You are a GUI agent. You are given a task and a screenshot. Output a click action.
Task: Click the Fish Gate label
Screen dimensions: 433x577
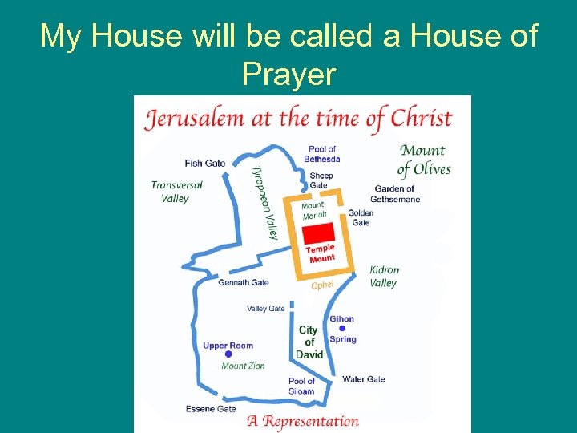click(204, 163)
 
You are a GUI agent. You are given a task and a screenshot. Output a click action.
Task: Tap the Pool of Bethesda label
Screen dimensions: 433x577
click(322, 153)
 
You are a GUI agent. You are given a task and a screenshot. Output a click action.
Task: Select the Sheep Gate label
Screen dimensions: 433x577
click(321, 180)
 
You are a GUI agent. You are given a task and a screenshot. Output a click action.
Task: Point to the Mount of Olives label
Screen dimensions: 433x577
click(424, 159)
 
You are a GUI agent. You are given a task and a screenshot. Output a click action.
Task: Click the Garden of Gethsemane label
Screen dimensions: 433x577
click(396, 194)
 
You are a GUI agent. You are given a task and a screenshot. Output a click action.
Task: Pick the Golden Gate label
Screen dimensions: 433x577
click(361, 217)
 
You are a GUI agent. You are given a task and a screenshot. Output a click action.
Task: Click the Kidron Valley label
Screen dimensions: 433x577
click(384, 277)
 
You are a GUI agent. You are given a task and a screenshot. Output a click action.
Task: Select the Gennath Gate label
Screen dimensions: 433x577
click(244, 282)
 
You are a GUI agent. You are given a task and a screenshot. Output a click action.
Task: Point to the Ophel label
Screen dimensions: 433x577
click(322, 285)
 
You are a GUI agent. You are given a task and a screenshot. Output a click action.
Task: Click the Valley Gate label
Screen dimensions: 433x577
click(265, 308)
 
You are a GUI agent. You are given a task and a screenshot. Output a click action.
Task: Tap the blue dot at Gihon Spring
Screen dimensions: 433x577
click(342, 328)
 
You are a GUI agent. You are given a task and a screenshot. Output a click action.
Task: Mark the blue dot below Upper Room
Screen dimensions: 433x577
click(228, 354)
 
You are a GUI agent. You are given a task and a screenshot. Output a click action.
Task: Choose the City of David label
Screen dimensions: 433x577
click(309, 342)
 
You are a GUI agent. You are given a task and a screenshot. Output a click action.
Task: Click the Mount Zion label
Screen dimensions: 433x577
click(243, 366)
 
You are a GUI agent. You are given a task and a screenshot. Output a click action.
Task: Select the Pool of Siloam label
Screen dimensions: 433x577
click(302, 386)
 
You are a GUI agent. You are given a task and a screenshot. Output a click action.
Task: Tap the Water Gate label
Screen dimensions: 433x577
click(364, 379)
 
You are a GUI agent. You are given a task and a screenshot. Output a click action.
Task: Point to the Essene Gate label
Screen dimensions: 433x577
click(211, 408)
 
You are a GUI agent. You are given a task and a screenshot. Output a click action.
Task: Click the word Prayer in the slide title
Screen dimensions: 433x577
click(288, 74)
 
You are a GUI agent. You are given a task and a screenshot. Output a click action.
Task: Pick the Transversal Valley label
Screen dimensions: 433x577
click(176, 191)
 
